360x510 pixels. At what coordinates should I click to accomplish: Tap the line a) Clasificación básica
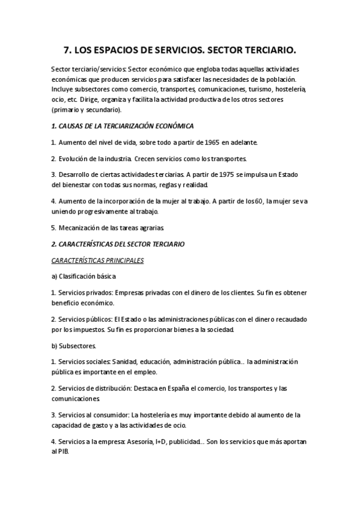click(x=84, y=276)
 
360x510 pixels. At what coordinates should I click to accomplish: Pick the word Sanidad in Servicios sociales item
click(x=124, y=362)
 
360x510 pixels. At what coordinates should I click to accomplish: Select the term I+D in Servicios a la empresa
click(x=157, y=441)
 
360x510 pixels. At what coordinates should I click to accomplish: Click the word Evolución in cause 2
click(x=76, y=159)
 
